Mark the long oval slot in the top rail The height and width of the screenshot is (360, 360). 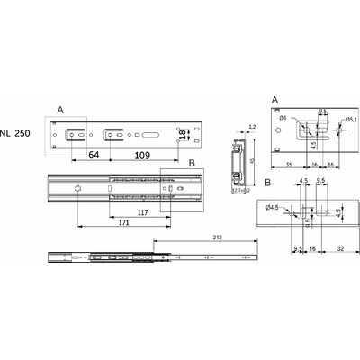152,134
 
